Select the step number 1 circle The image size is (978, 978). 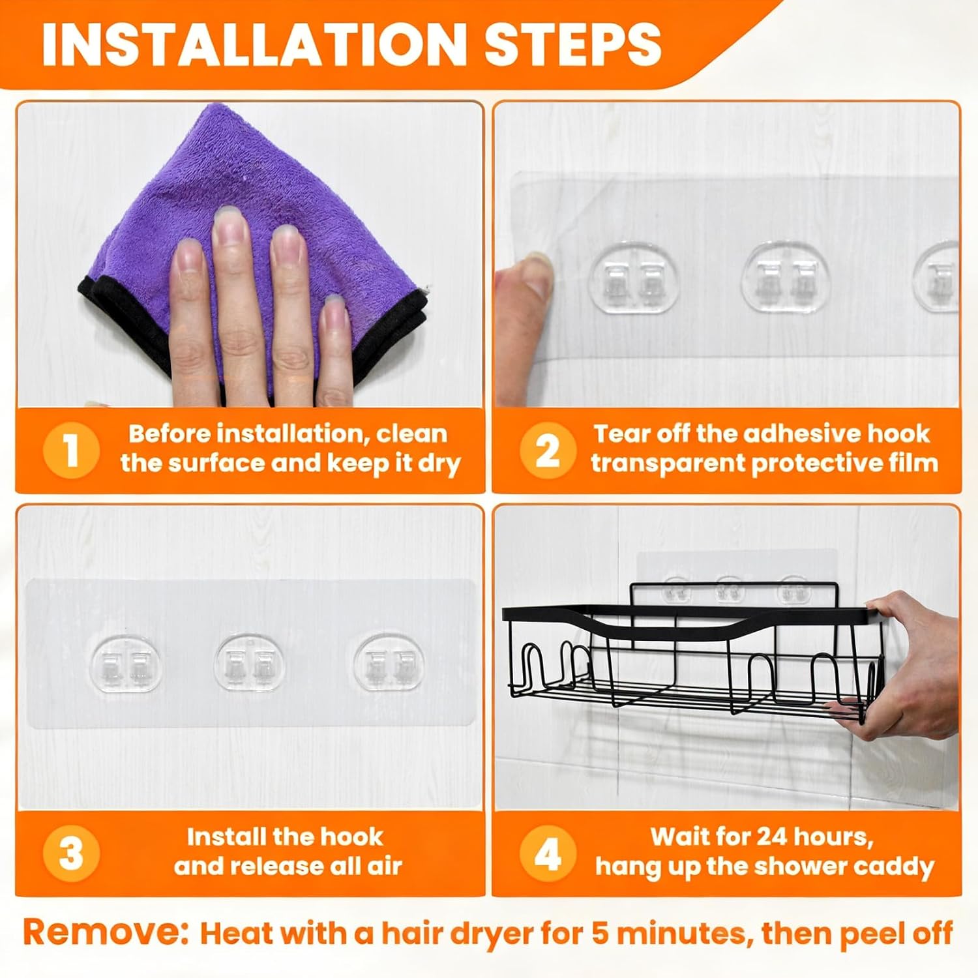(71, 450)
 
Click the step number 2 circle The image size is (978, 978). (548, 450)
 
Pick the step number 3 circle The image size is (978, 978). (71, 853)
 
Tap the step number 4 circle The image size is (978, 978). (548, 853)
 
